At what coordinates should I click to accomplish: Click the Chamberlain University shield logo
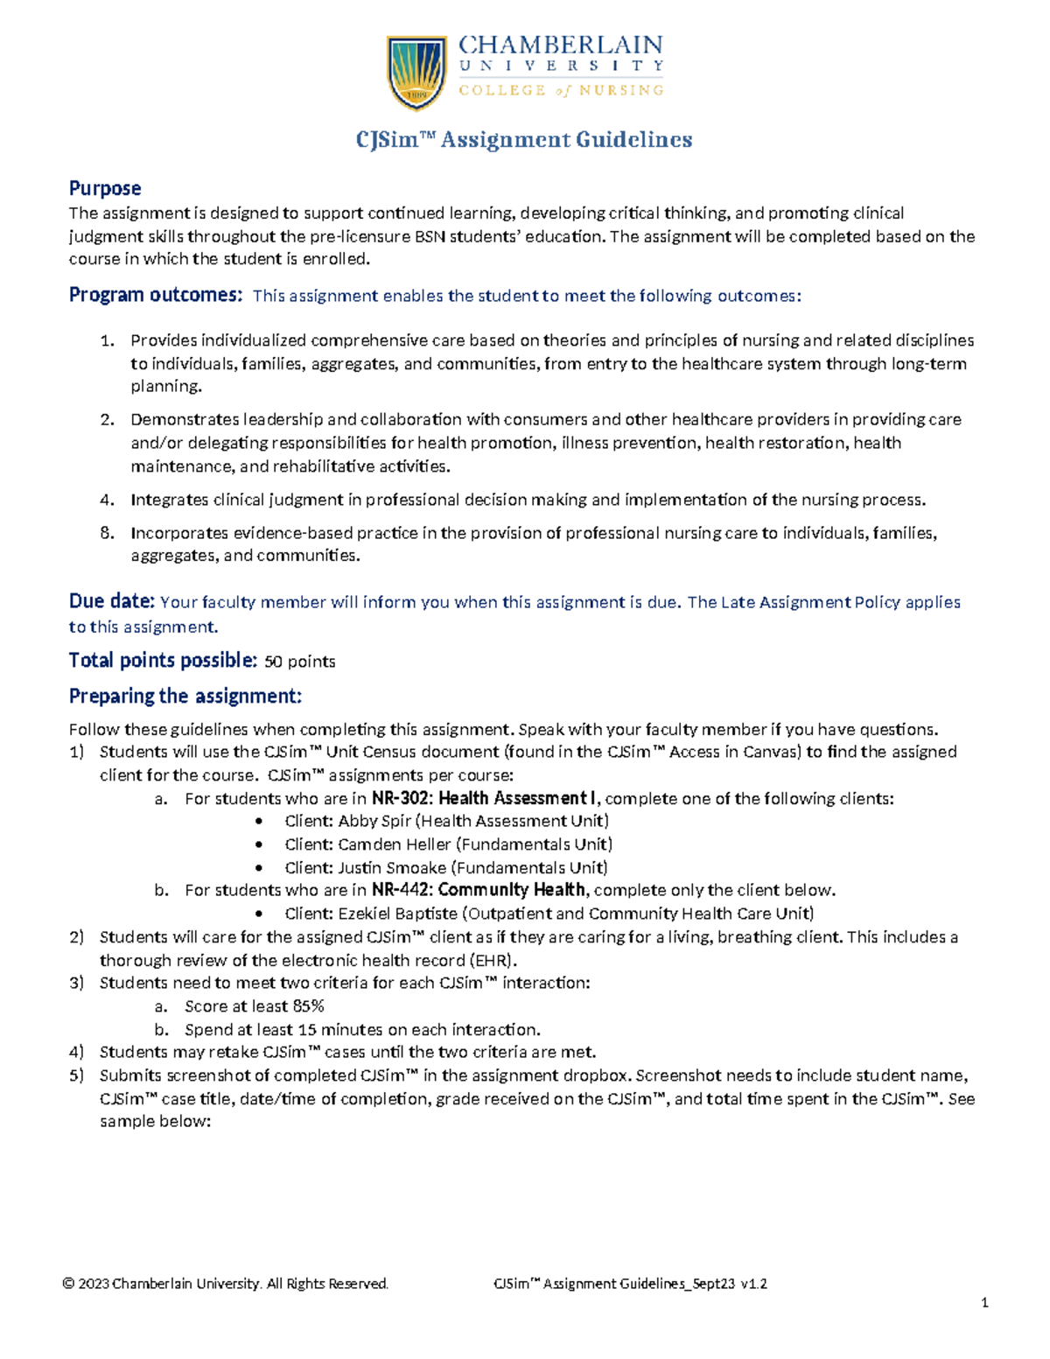point(416,73)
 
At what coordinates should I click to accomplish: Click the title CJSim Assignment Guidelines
point(523,140)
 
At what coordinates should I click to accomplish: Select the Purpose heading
point(105,188)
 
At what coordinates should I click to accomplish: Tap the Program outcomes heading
point(155,295)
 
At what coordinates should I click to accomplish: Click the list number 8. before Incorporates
point(107,533)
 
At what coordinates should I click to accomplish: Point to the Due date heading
point(111,601)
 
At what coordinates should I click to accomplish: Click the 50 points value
point(299,662)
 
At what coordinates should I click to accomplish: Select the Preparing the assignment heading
point(185,696)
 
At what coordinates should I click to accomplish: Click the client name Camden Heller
point(394,844)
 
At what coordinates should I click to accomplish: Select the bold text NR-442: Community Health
point(479,890)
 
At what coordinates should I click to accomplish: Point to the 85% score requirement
point(309,1006)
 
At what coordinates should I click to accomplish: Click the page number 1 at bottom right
point(984,1303)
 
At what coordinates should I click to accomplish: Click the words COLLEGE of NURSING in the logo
point(561,90)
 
